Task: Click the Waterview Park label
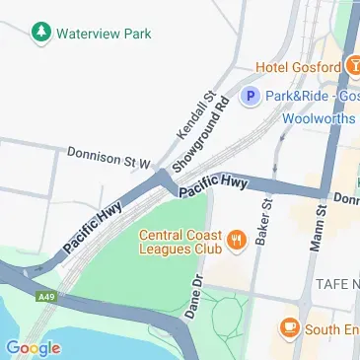click(104, 33)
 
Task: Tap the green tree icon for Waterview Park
click(41, 33)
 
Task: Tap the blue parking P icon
click(251, 97)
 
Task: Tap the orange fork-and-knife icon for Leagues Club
click(236, 238)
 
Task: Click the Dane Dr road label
click(194, 296)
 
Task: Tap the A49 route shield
click(44, 296)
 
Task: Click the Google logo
click(33, 347)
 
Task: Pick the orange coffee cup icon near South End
click(289, 326)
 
